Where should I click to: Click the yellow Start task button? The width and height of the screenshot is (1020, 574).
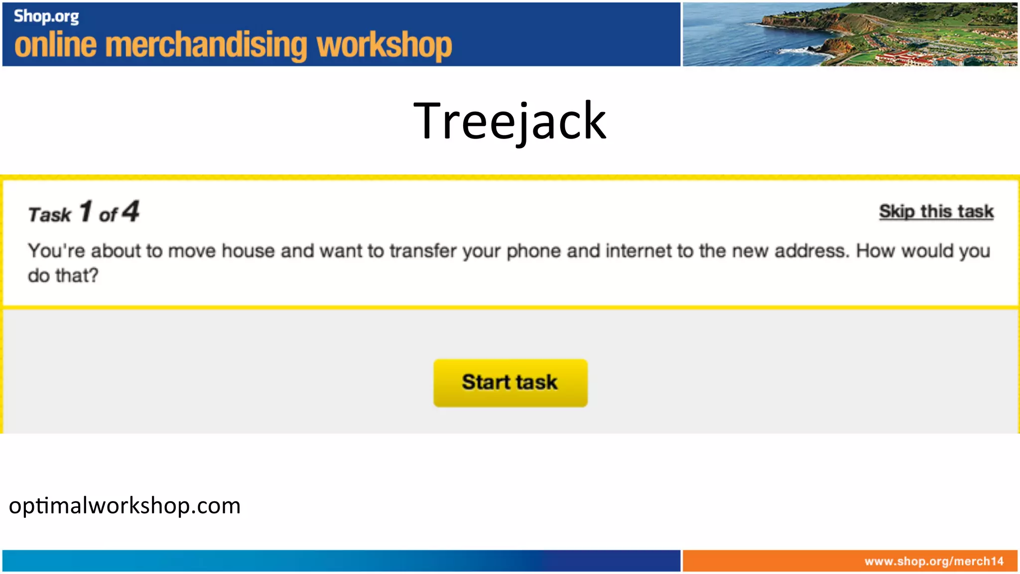510,383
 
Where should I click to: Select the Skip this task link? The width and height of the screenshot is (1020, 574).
936,212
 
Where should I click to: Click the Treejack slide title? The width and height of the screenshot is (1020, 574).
510,121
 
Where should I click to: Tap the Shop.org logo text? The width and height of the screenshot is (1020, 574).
46,16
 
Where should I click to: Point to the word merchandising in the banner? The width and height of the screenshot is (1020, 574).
206,45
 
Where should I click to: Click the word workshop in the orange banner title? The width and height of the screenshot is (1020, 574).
384,46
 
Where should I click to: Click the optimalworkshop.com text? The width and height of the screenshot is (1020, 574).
125,506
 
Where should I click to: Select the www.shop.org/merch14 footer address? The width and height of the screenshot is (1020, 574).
934,562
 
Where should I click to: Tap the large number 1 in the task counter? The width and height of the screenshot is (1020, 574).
86,211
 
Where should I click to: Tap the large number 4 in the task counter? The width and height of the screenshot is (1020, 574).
131,211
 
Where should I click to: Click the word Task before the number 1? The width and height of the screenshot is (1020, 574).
50,215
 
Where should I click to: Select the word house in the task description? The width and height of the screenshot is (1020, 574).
249,251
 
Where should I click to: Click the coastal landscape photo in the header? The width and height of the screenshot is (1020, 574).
850,34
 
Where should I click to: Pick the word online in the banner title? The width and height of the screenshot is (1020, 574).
55,45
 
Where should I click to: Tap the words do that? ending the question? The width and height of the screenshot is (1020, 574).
63,276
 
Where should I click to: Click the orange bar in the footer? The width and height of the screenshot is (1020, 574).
772,562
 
